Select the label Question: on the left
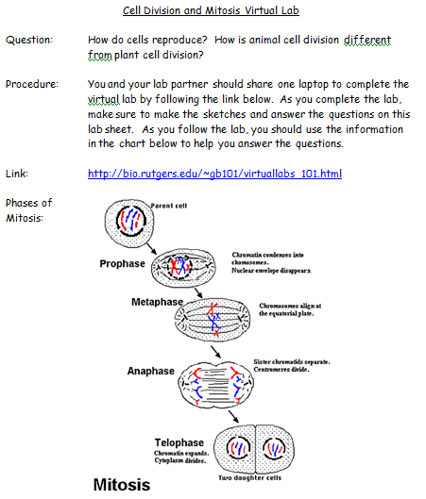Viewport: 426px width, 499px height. (28, 42)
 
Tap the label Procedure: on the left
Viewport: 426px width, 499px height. (31, 84)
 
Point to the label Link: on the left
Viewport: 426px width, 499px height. (18, 174)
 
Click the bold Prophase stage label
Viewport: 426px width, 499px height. (123, 264)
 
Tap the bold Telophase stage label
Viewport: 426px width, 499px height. (179, 441)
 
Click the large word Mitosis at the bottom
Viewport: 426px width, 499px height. (121, 486)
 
